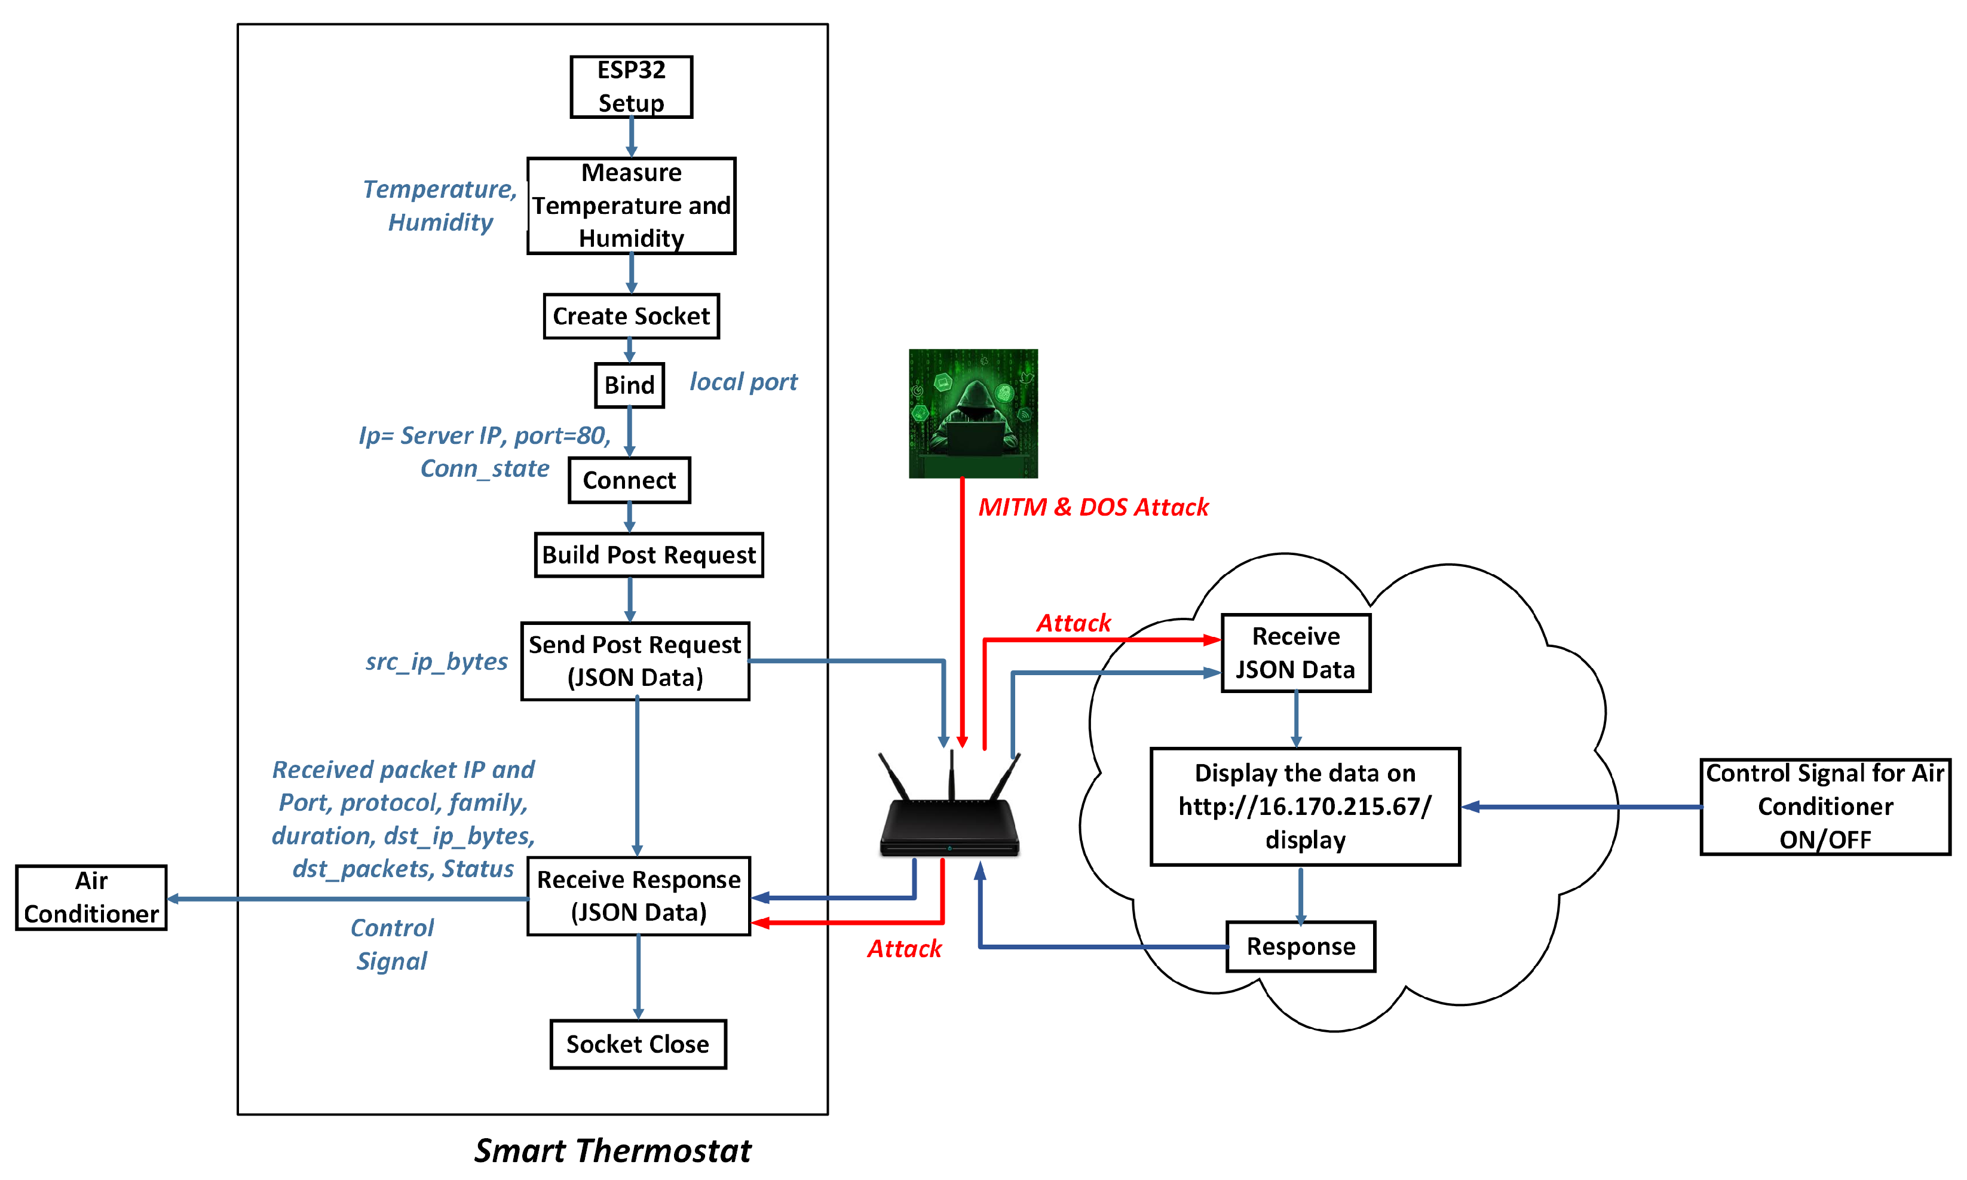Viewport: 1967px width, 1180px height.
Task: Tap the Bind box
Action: [629, 385]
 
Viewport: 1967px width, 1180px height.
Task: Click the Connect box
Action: [629, 480]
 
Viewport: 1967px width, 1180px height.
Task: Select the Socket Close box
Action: [638, 1043]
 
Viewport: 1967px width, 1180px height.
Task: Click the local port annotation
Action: [743, 382]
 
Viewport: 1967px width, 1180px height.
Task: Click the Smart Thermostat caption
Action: [612, 1150]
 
